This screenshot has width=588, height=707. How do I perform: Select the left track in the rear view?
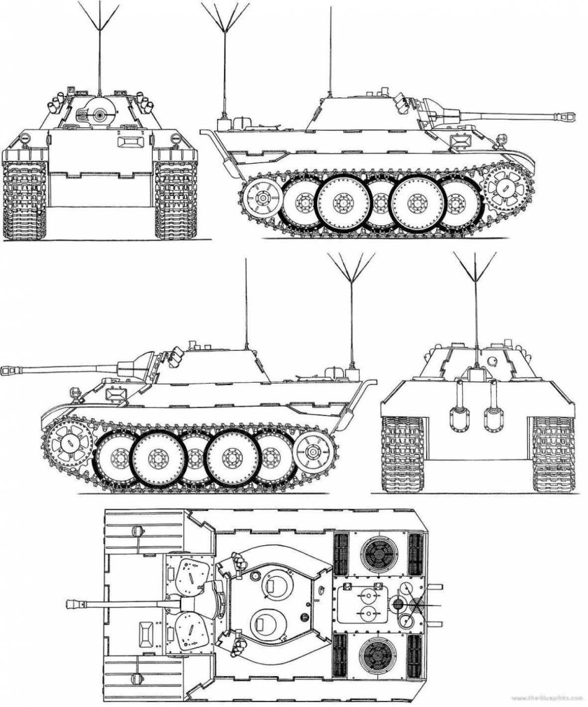click(398, 454)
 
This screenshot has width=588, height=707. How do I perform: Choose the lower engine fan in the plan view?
click(379, 654)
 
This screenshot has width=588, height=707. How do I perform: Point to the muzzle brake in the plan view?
click(73, 603)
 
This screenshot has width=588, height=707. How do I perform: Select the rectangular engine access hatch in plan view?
click(362, 604)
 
